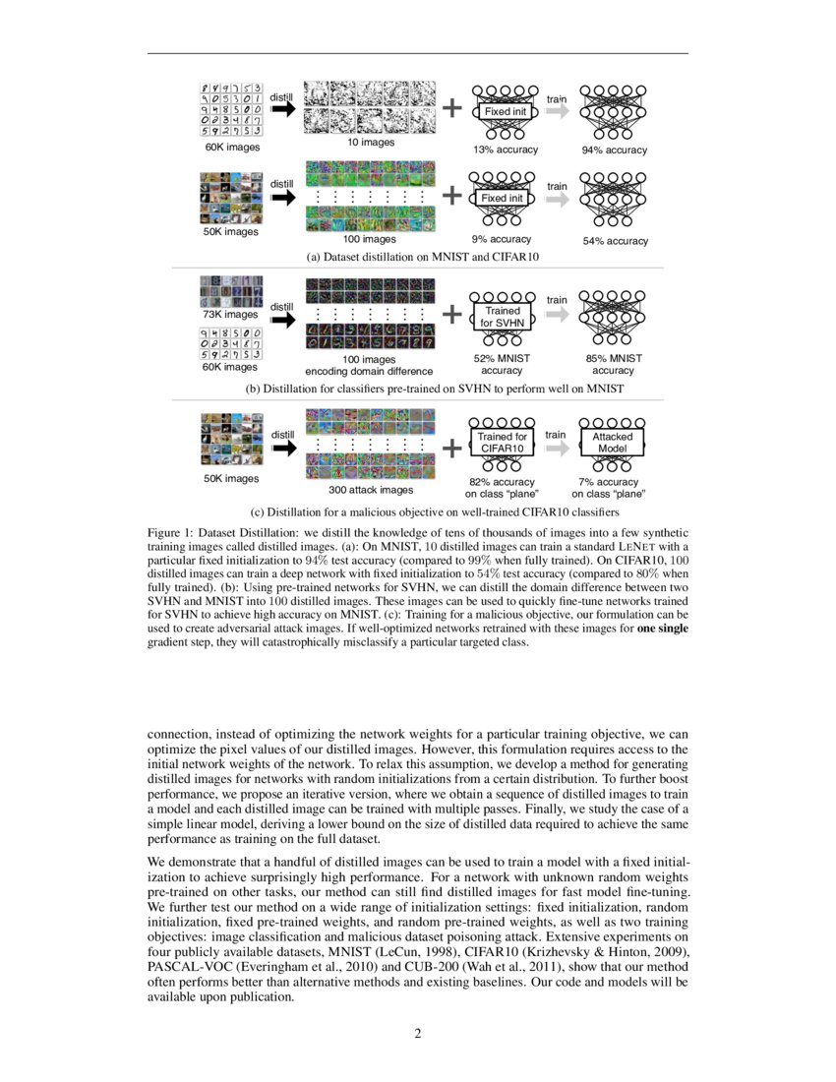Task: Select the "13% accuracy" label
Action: point(506,150)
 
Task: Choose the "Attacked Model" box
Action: point(612,442)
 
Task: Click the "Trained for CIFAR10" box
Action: point(503,442)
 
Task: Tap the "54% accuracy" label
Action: point(615,241)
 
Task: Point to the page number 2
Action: point(417,1034)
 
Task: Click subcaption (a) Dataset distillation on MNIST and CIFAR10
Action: point(417,257)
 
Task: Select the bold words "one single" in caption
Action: point(664,630)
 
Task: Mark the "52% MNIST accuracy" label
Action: point(502,365)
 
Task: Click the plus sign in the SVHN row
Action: point(451,315)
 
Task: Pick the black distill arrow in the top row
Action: point(282,111)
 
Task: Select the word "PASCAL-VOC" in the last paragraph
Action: point(184,968)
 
